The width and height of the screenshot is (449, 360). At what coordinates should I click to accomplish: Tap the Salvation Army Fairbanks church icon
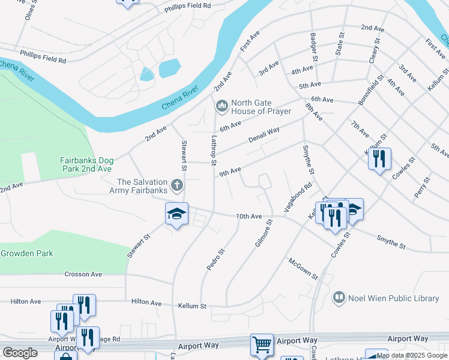[176, 185]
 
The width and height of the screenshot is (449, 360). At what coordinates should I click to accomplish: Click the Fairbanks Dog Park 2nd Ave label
[86, 164]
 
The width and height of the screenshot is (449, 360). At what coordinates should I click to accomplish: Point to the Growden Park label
[26, 253]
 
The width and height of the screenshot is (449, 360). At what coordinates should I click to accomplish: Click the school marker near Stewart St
[176, 215]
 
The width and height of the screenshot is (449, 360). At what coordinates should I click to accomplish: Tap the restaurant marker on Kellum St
[379, 160]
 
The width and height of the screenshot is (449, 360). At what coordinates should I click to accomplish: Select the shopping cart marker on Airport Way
[262, 345]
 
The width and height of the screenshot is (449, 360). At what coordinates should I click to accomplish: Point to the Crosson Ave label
[83, 274]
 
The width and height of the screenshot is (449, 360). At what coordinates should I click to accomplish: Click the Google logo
[20, 353]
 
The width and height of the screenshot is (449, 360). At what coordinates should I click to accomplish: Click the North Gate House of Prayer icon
[221, 107]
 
